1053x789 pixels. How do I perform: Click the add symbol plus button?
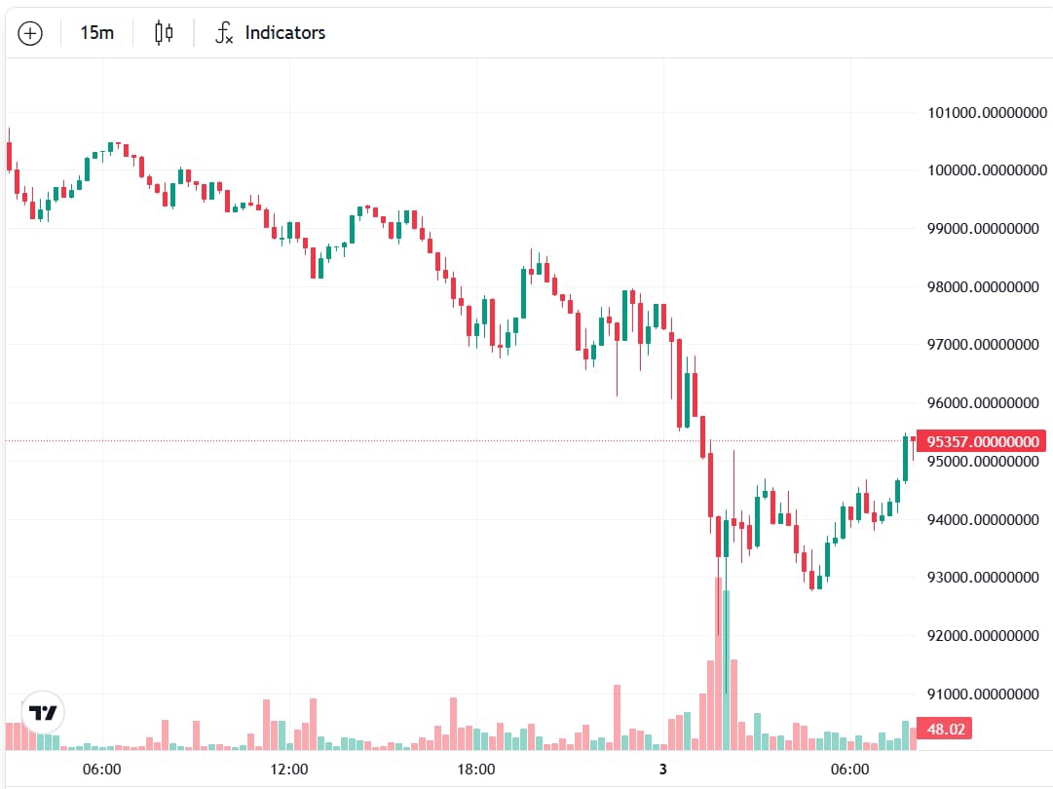point(30,33)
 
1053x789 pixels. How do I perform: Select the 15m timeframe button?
point(96,33)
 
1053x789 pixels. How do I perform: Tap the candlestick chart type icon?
point(164,33)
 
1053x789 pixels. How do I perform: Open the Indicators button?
point(271,33)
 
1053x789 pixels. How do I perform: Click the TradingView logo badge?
point(43,712)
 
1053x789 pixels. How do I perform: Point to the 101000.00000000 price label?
point(982,113)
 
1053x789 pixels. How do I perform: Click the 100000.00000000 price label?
point(982,170)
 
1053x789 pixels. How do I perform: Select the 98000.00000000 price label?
point(982,287)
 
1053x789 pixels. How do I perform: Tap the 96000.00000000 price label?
point(982,403)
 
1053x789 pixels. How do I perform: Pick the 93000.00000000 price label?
point(982,578)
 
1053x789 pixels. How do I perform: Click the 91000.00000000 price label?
point(982,695)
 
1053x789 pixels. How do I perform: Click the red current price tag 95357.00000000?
point(982,441)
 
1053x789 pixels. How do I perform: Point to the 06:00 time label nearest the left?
point(101,770)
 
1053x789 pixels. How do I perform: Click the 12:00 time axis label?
point(288,770)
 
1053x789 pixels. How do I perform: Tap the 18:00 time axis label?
point(475,770)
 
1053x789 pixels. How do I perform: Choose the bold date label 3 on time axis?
point(662,770)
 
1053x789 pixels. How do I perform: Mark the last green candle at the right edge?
point(905,458)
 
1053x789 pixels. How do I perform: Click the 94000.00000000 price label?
point(982,519)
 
